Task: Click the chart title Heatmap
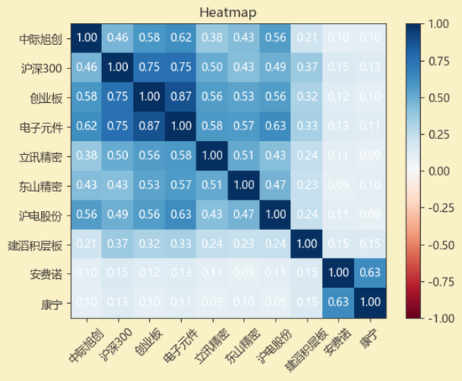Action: [x=228, y=12]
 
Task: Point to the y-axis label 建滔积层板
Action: [x=37, y=245]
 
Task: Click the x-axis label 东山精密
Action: [x=241, y=343]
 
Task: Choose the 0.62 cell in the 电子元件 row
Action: [x=87, y=126]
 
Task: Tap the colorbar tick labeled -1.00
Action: [x=439, y=319]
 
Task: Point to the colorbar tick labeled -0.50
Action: [x=439, y=245]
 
